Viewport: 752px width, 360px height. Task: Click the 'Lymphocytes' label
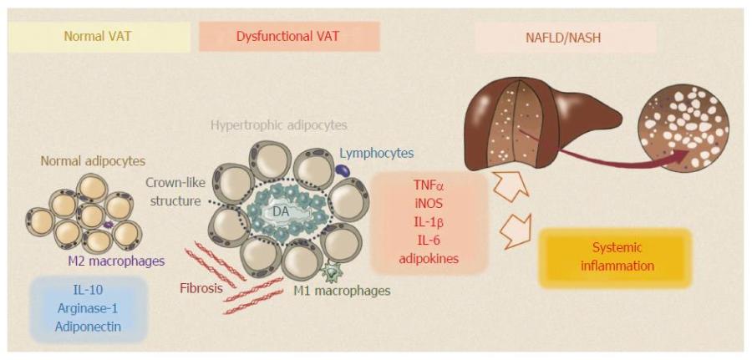[x=376, y=153]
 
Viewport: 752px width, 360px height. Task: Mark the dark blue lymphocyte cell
[x=343, y=170]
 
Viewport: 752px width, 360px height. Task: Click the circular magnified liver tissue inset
[x=683, y=127]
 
